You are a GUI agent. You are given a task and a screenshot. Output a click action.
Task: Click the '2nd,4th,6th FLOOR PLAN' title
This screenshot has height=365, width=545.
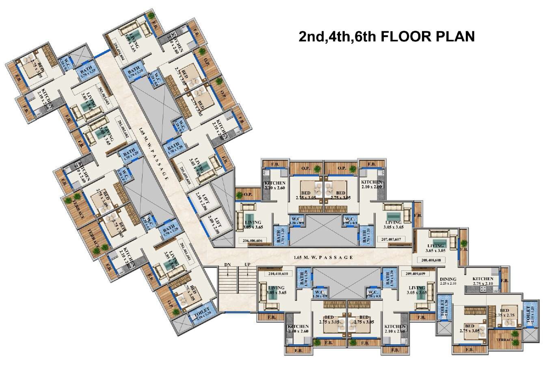[386, 36]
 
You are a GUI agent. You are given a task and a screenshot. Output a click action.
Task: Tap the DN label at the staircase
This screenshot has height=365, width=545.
[227, 265]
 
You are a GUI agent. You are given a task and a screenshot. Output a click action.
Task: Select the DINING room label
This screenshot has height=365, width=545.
[448, 281]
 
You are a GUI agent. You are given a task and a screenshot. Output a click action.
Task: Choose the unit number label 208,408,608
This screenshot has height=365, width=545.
[434, 260]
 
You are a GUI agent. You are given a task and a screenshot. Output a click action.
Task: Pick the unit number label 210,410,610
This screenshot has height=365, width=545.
[278, 274]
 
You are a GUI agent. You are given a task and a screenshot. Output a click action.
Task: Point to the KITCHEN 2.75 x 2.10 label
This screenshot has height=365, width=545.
[482, 281]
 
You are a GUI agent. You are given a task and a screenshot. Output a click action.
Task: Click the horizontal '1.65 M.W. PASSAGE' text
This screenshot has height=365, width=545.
[323, 257]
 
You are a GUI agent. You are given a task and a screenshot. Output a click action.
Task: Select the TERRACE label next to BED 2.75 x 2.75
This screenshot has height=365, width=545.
[504, 339]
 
